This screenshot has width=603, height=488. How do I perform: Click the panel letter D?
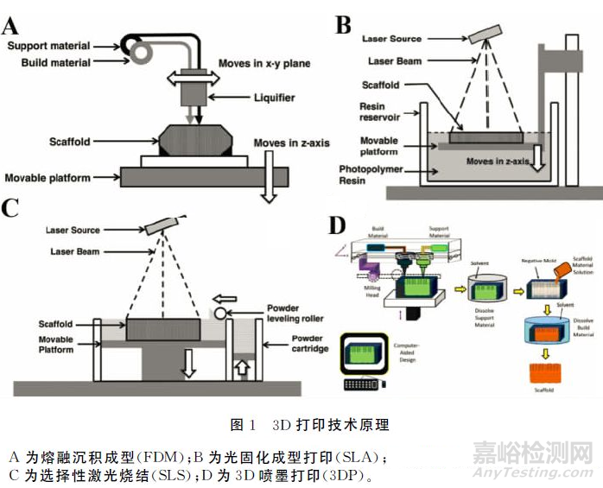338,226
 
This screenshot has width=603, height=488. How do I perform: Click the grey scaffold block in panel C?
162,329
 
